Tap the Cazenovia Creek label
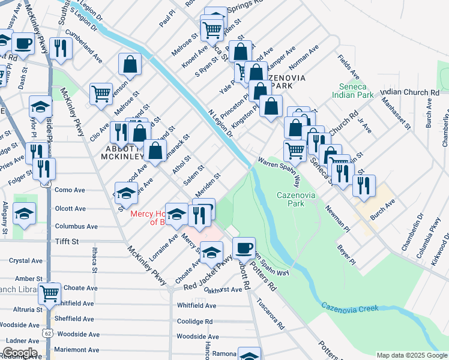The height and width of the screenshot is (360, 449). pos(350,307)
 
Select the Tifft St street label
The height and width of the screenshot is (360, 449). pos(67,241)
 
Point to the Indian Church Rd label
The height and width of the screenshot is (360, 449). pos(409,92)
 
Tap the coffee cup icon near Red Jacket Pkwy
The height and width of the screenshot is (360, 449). pos(243,248)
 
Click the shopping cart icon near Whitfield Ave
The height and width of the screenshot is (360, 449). pos(49,294)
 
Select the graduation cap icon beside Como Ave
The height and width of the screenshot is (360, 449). pos(126,193)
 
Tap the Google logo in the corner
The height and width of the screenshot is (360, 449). pos(19,353)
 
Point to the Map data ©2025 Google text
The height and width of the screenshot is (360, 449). pos(412,355)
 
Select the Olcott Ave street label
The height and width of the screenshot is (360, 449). pos(70,209)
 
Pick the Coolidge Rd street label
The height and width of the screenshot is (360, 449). pos(194,321)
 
